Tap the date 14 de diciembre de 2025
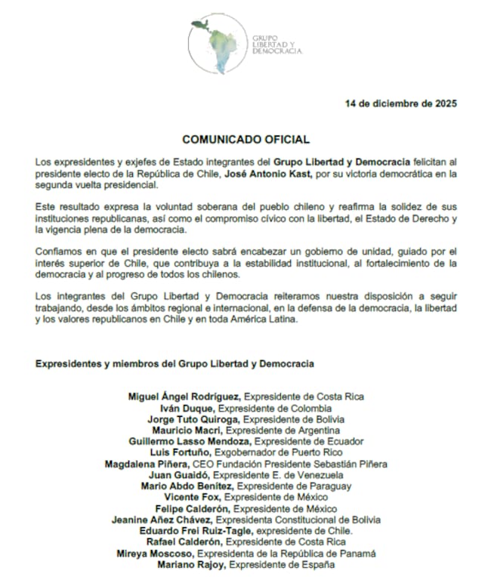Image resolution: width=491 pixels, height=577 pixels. coord(400,103)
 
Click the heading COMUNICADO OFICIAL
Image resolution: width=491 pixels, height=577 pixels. coord(246,140)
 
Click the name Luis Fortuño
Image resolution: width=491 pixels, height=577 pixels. coord(188,452)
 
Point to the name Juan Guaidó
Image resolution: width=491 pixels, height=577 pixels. coord(179,476)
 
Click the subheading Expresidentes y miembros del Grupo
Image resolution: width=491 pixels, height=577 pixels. coord(174,363)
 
